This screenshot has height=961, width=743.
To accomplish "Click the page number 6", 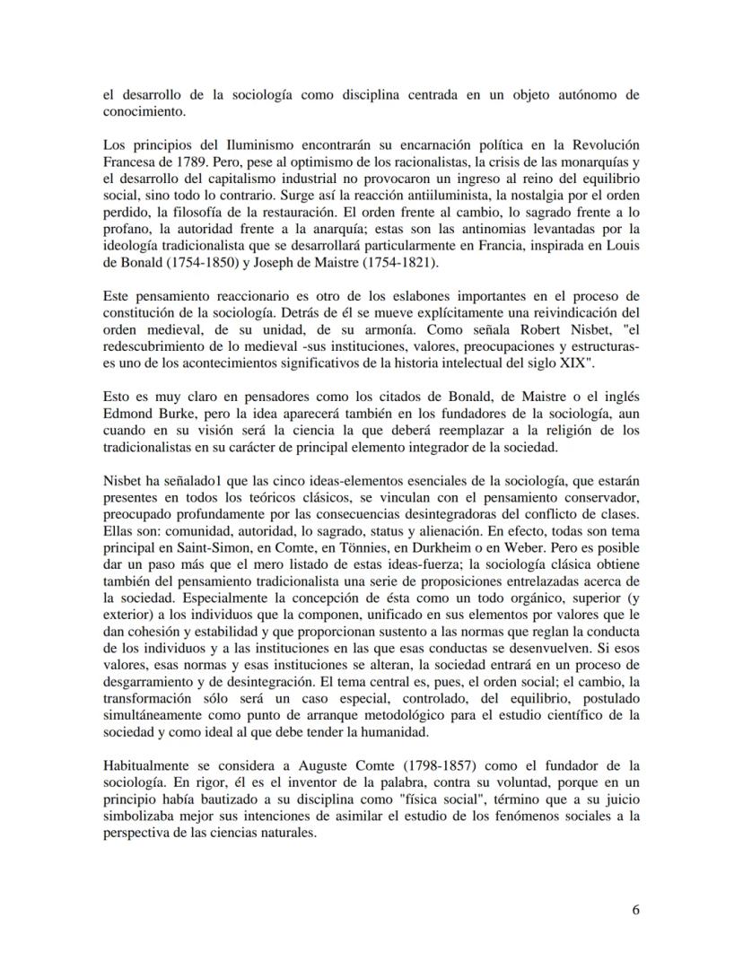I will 635,909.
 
